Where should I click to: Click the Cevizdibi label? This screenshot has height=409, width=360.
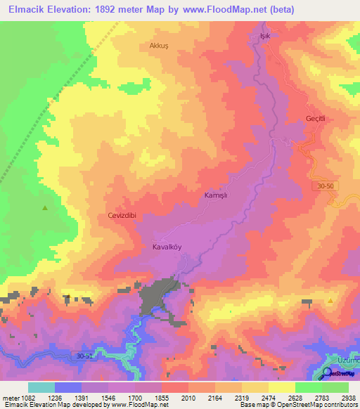point(122,216)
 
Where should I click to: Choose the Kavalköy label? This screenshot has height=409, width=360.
point(167,247)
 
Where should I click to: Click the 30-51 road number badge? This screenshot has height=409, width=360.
point(85,357)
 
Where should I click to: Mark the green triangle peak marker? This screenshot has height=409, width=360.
point(45,207)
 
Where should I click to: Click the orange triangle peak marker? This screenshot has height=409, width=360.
point(330,300)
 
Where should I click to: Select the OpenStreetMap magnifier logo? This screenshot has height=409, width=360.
point(328,373)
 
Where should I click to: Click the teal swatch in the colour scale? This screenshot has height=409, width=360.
point(41,387)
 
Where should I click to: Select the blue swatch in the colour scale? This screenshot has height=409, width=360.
point(68,387)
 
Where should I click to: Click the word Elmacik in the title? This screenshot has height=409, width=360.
point(31,10)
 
